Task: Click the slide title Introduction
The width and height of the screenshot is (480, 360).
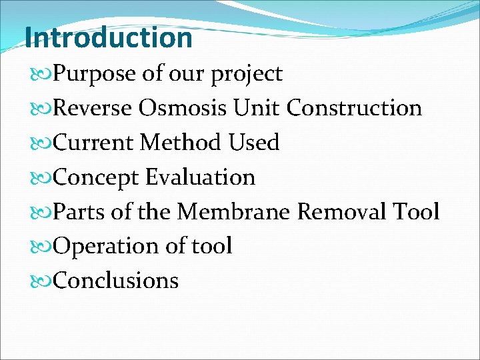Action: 109,37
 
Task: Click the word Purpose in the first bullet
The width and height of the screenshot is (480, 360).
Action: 95,74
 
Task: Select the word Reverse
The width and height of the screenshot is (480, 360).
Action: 93,108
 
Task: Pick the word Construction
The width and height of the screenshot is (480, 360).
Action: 355,108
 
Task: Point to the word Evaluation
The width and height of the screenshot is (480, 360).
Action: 200,177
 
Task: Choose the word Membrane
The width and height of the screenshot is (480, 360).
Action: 234,212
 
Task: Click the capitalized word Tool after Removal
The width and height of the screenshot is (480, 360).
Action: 418,212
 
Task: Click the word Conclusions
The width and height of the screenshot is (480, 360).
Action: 115,281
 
